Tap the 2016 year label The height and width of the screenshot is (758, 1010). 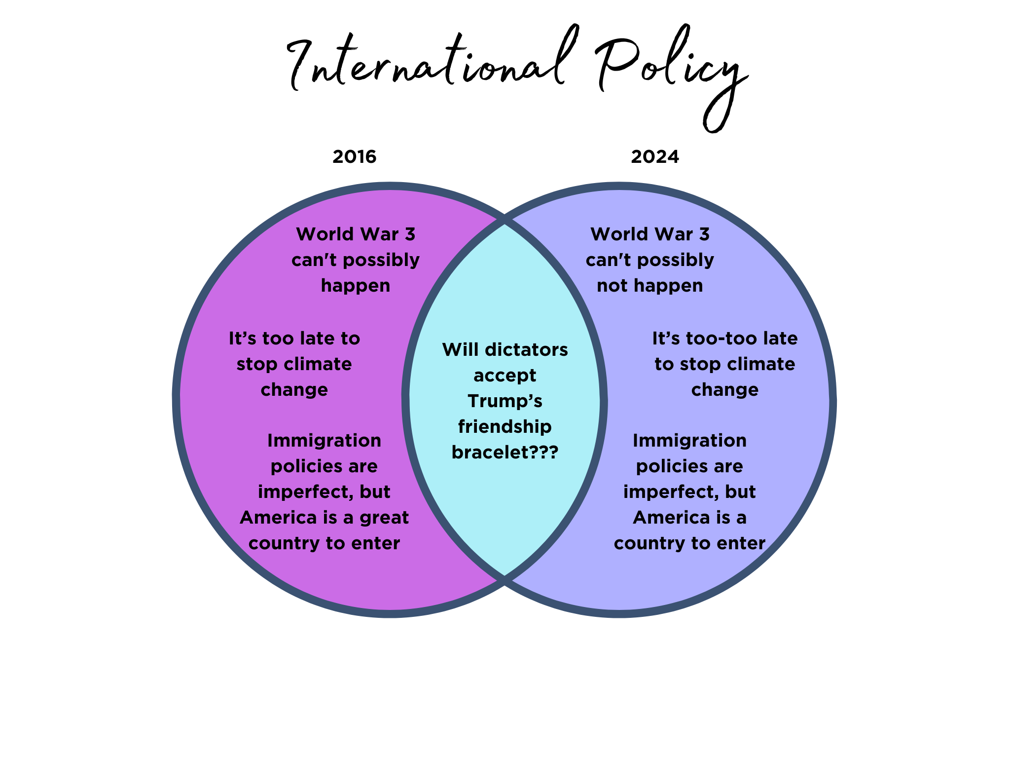tap(355, 157)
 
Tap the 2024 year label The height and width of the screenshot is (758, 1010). tap(655, 157)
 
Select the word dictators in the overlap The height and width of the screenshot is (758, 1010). tap(527, 350)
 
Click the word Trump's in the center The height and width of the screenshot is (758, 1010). tap(505, 401)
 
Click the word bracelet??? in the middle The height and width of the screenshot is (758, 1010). tap(505, 453)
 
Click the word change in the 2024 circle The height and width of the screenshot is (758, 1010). tap(724, 390)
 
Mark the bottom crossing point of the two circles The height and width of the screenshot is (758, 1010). tap(505, 580)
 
